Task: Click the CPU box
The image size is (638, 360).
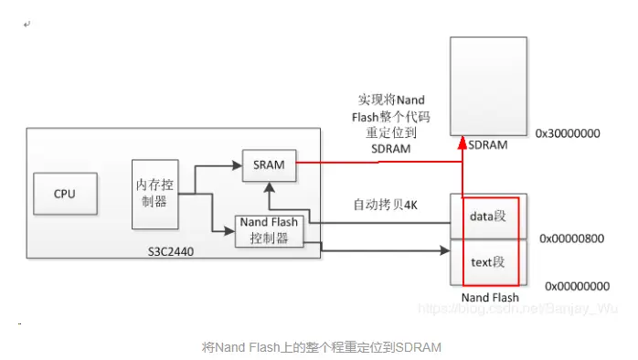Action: (x=64, y=194)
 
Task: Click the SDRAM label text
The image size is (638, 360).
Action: (x=488, y=144)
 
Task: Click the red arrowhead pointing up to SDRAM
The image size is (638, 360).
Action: (x=463, y=143)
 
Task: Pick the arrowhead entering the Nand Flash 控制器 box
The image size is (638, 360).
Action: (x=230, y=230)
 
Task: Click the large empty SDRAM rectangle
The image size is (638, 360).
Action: (x=488, y=86)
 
